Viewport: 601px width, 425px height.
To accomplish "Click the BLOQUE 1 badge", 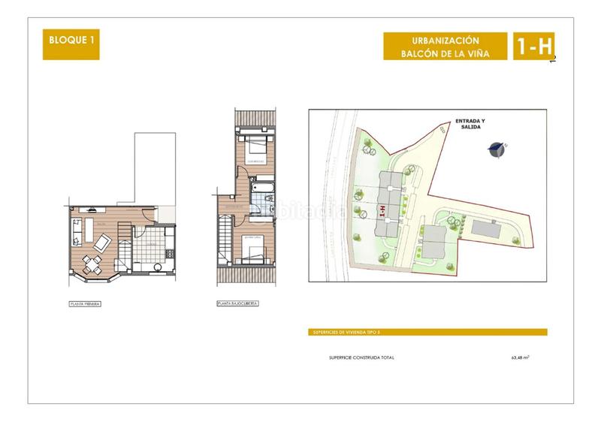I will [x=71, y=44].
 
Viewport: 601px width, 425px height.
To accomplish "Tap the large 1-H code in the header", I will [x=534, y=47].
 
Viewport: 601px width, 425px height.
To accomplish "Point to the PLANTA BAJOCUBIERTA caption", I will [x=237, y=304].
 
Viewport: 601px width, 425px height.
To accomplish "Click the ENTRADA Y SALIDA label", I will [x=471, y=125].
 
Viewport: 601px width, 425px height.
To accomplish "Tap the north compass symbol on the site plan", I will [x=495, y=149].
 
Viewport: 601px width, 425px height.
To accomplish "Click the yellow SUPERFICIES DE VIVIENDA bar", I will [x=427, y=332].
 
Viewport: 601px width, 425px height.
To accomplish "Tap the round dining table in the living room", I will [x=92, y=261].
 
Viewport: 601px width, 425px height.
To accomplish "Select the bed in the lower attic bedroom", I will [x=252, y=250].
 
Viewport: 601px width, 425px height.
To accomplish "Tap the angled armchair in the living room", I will [x=102, y=242].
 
